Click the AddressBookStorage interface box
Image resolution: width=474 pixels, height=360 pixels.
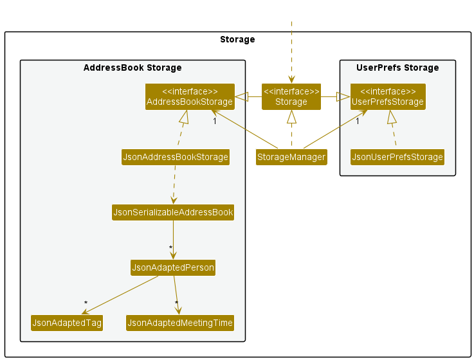(190, 96)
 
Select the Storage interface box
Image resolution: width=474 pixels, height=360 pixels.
(291, 96)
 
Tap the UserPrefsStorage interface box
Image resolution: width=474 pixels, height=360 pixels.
(388, 96)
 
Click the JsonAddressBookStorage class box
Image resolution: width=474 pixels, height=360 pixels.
(176, 157)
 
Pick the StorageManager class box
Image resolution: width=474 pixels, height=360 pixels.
(291, 157)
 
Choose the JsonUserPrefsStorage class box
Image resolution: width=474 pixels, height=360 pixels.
(397, 157)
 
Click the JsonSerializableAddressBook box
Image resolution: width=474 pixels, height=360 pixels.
(173, 213)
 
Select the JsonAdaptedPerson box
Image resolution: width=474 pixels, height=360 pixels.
(173, 267)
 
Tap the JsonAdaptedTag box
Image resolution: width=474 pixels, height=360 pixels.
(67, 323)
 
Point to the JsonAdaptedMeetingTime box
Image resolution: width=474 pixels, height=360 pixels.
(180, 323)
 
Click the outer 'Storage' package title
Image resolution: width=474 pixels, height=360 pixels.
(237, 40)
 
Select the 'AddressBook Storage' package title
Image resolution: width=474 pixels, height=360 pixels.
(132, 67)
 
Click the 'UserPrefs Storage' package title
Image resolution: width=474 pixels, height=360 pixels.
(397, 67)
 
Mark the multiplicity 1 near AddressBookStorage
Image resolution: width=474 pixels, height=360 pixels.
(215, 122)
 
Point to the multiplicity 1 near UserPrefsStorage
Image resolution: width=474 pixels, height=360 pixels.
(358, 122)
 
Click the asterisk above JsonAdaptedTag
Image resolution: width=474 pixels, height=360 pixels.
(86, 303)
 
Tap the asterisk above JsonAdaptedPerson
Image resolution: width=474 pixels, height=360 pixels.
(171, 248)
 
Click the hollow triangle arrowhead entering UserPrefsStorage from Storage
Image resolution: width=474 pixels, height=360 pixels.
(343, 96)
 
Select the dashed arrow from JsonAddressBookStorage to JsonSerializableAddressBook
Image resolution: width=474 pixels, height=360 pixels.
(174, 184)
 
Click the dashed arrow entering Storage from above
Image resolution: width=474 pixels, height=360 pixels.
(291, 52)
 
